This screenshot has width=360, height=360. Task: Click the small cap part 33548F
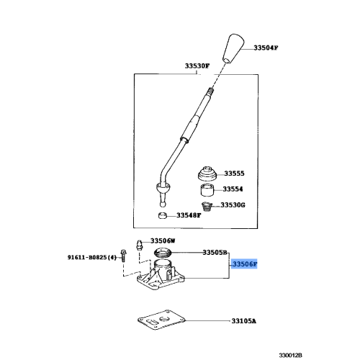(163, 215)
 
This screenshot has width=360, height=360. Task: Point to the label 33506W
(163, 241)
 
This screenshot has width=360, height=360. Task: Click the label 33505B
(215, 253)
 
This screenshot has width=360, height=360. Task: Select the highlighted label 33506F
(244, 265)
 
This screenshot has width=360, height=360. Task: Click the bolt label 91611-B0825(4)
(92, 256)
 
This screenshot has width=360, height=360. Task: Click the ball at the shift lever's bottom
(161, 189)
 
